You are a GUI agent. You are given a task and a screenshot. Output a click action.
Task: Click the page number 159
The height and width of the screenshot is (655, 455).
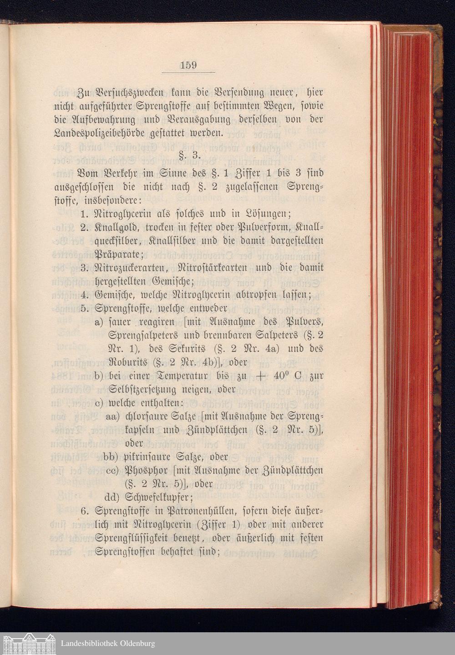pos(188,65)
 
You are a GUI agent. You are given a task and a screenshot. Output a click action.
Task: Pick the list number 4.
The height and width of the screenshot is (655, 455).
pos(83,295)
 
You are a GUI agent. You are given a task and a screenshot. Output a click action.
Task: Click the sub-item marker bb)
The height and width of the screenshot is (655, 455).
pos(112,456)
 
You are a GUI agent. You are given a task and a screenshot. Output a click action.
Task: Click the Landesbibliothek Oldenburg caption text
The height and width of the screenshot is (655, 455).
pos(108,644)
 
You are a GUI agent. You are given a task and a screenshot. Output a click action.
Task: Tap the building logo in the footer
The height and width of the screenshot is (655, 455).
pos(28,643)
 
